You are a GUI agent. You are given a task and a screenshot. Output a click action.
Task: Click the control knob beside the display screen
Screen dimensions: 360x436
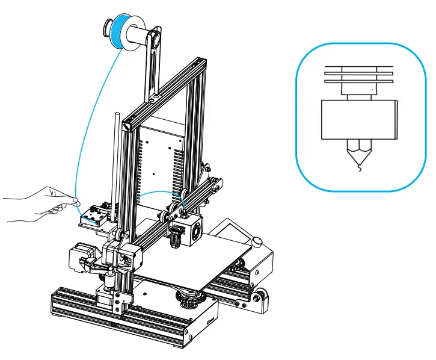point(258,241)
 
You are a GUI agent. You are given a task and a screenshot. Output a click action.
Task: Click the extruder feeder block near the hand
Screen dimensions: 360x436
point(94,215)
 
